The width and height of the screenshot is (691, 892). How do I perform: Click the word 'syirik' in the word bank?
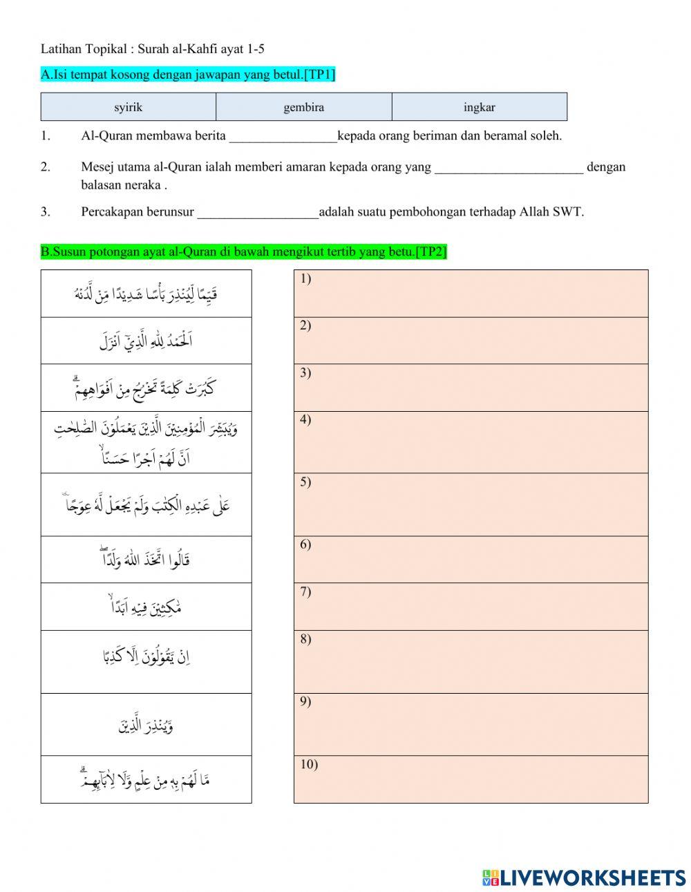coord(128,107)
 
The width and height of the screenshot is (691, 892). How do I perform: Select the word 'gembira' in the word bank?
coord(303,107)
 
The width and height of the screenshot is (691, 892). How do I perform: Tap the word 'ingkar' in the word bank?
coord(479,107)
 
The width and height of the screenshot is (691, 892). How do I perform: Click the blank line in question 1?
coord(283,137)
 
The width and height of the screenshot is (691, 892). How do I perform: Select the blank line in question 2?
coord(509,168)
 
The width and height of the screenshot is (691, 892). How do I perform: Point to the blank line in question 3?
coord(258,213)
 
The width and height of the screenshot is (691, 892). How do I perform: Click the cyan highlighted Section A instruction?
coord(188,75)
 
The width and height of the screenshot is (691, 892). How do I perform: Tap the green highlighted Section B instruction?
coord(243,252)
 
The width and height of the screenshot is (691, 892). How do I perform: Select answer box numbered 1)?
coord(471,294)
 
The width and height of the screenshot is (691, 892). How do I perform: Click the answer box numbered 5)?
coord(471,504)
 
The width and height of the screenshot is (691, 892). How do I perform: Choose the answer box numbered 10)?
coord(471,779)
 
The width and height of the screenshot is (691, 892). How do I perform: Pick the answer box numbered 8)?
coord(471,661)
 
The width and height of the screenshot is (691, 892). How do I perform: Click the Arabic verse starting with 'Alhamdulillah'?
coord(146,341)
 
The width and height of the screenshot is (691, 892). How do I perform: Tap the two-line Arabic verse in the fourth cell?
coord(146,442)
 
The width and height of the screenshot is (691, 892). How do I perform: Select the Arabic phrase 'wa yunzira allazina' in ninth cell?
coord(146,725)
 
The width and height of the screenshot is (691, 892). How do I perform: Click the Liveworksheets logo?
coord(584,877)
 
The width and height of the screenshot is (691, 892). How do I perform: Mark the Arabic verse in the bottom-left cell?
coord(146,779)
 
